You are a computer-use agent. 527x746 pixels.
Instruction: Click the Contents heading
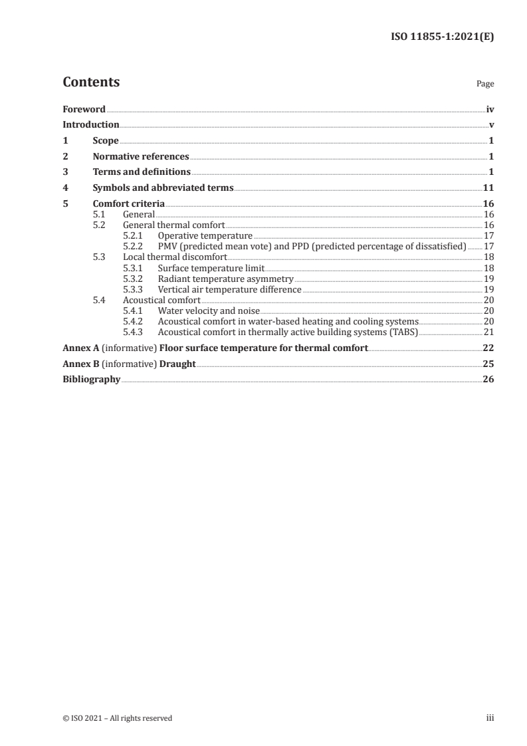[91, 82]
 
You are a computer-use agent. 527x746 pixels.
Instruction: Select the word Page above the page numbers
[485, 84]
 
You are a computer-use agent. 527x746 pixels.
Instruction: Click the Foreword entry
[84, 109]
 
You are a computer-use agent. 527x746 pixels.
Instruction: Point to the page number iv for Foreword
[490, 109]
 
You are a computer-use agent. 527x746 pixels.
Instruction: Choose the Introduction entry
[91, 125]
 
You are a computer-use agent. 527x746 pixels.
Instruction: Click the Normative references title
[141, 157]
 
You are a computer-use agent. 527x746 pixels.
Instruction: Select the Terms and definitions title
[142, 172]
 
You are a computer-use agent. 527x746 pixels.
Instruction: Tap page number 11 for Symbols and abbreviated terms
[488, 188]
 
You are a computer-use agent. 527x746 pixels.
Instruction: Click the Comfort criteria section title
[129, 204]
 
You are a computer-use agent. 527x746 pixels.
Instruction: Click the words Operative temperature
[205, 235]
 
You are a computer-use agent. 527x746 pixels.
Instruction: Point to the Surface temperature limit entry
[211, 267]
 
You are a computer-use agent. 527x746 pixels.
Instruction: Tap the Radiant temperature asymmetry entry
[225, 278]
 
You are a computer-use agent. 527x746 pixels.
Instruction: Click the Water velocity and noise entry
[209, 311]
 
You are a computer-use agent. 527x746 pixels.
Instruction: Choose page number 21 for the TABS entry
[488, 332]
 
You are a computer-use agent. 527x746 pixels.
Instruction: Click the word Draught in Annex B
[177, 364]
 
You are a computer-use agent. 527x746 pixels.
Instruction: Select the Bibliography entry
[91, 380]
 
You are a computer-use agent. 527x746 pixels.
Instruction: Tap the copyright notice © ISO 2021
[117, 718]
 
